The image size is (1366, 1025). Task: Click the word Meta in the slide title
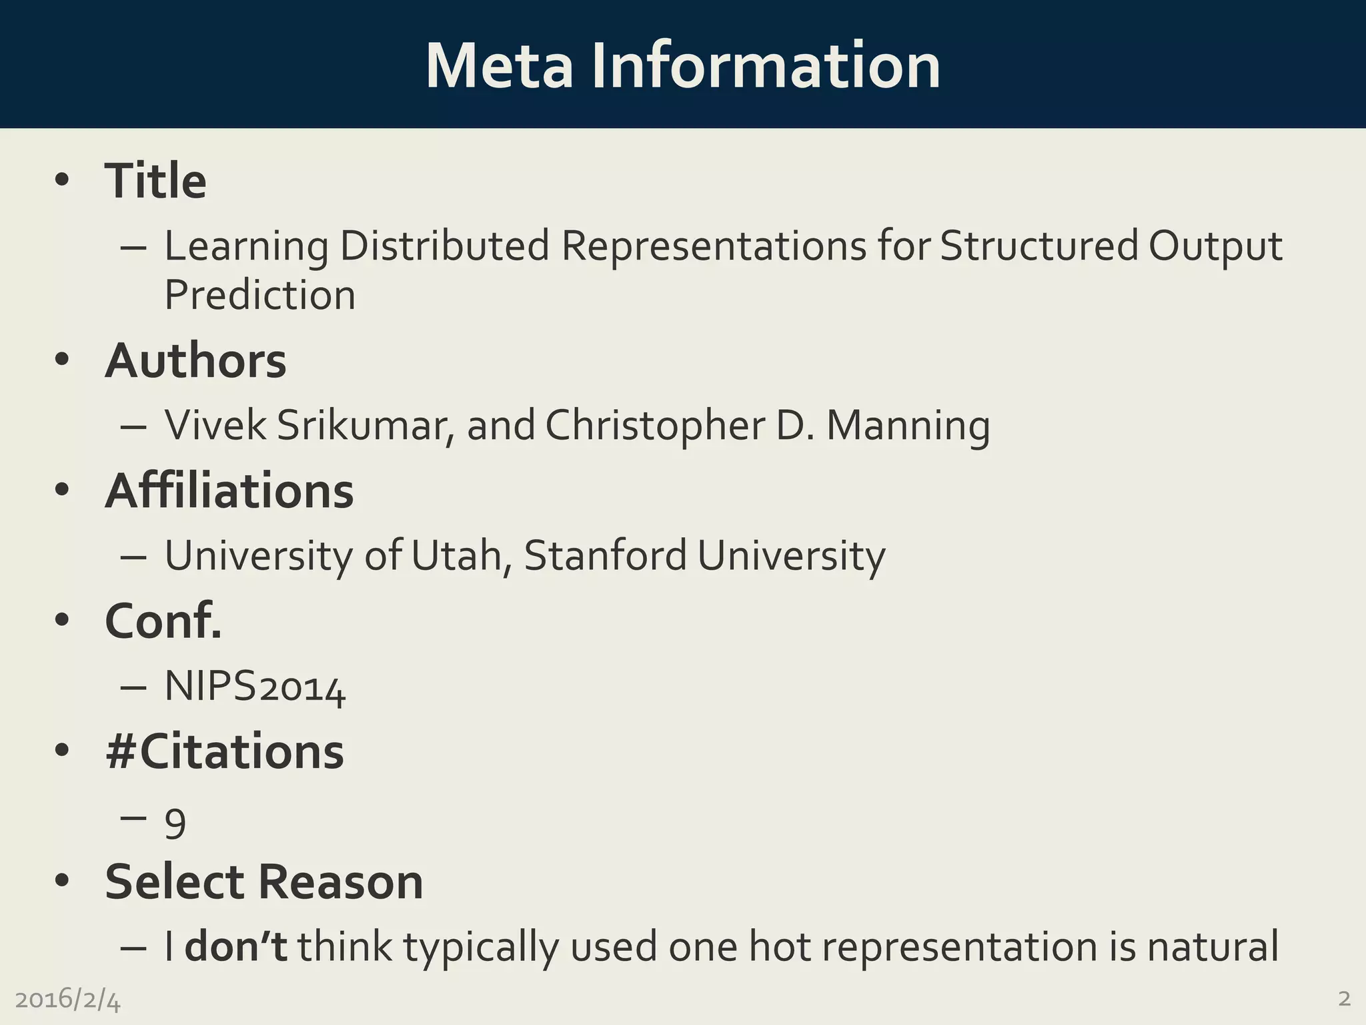click(x=499, y=66)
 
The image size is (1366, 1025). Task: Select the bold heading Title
click(x=155, y=181)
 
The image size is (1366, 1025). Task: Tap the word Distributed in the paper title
click(x=445, y=246)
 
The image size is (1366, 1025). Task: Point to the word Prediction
click(x=260, y=295)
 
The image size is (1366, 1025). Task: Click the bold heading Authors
click(x=195, y=361)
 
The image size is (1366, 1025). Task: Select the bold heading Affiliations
click(x=229, y=490)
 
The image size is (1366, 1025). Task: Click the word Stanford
click(x=605, y=555)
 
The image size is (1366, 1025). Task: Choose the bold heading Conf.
click(x=163, y=621)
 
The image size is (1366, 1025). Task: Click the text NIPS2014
click(x=255, y=686)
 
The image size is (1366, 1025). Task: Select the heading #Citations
click(x=225, y=751)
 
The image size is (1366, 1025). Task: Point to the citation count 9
click(x=175, y=825)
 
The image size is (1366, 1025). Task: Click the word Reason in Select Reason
click(x=340, y=882)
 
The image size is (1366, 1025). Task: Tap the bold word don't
click(x=235, y=946)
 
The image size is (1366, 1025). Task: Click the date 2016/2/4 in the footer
click(x=68, y=999)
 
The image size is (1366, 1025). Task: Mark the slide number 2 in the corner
click(x=1344, y=998)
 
